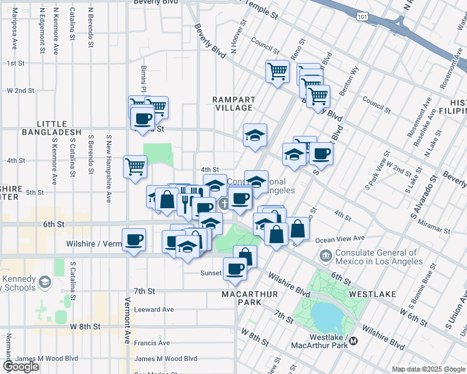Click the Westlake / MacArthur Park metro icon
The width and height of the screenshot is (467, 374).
(353, 341)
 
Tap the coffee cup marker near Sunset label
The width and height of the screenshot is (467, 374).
(235, 269)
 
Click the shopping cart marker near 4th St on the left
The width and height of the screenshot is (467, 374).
(135, 166)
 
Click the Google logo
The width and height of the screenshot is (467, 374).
(21, 367)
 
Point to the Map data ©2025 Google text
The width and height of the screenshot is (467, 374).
(429, 369)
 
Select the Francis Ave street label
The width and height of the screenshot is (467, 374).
(152, 343)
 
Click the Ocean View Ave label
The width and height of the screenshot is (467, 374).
(341, 238)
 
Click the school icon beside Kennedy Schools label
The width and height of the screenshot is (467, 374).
(45, 283)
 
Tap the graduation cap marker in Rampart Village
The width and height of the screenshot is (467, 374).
(255, 135)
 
